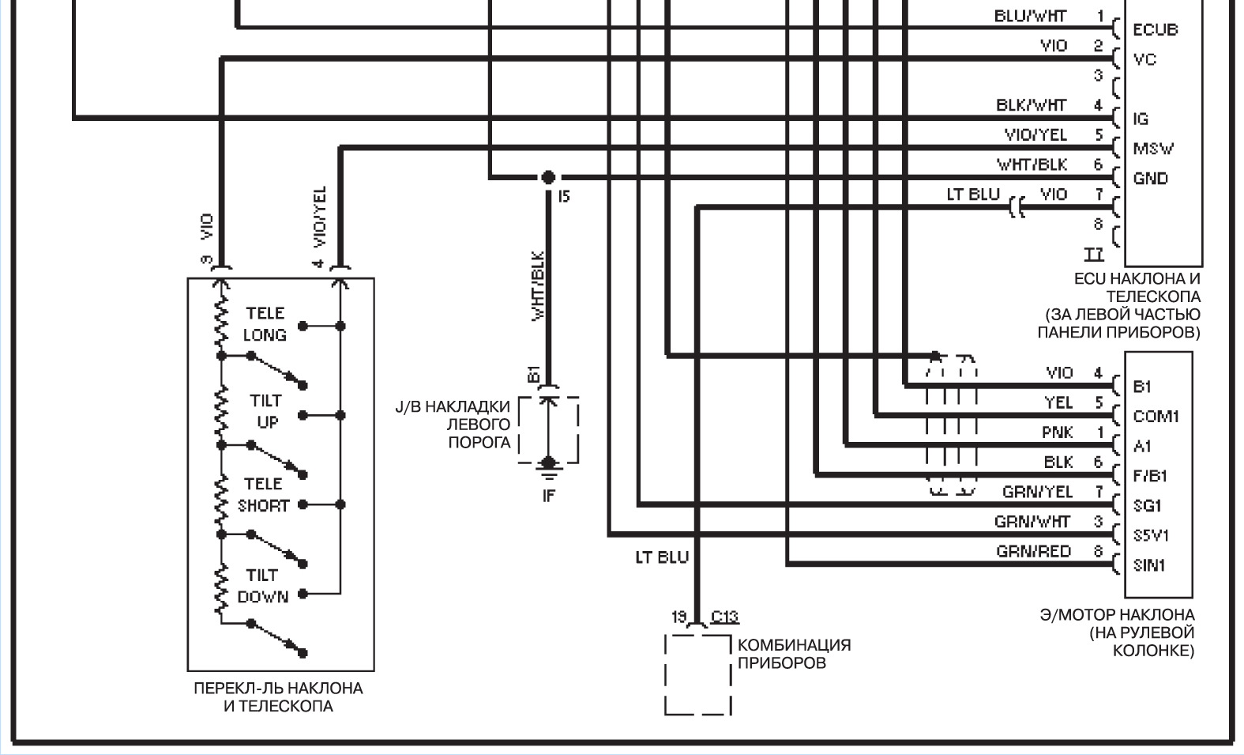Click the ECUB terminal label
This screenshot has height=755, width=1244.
coord(1155,29)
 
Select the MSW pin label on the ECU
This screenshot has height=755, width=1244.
coord(1153,149)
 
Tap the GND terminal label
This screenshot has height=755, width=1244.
coord(1151,179)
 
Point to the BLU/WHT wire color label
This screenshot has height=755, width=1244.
coord(1030,16)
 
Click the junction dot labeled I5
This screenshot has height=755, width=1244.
coord(548,177)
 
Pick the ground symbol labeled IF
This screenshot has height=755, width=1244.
coord(548,471)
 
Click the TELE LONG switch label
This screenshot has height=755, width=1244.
coord(265,324)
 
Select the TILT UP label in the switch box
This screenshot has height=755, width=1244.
coord(266,411)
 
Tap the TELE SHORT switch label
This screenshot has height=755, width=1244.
coord(264,495)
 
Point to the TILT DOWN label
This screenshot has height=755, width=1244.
coord(263,586)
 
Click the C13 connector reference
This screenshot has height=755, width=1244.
coord(725,617)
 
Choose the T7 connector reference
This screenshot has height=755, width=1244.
coord(1093,254)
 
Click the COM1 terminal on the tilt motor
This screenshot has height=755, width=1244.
coord(1156,417)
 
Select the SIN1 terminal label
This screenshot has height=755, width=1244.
coord(1149,565)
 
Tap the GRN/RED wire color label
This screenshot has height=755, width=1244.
coord(1034,551)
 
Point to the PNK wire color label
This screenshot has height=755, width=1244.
coord(1057,432)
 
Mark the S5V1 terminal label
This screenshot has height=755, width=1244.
coord(1151,535)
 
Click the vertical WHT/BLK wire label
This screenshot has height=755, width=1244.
coord(538,285)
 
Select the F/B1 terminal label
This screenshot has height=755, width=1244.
coord(1150,476)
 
